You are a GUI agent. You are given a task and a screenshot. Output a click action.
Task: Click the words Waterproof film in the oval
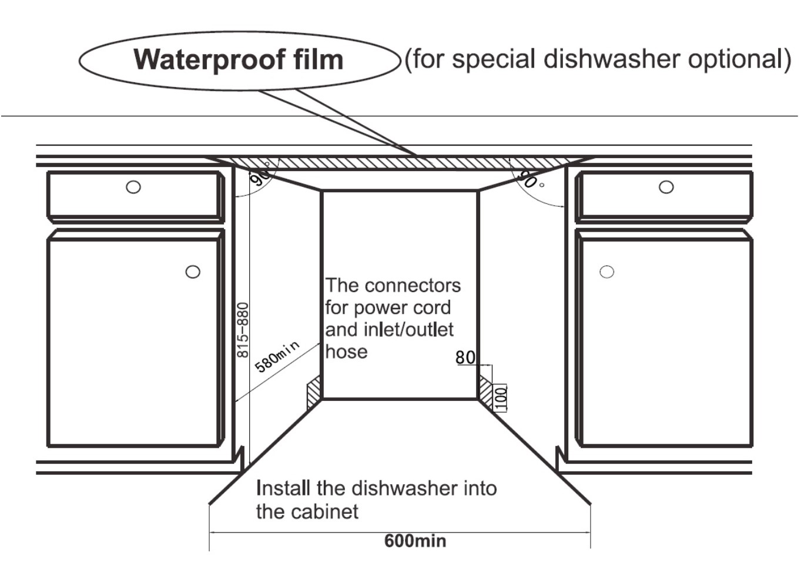click(238, 60)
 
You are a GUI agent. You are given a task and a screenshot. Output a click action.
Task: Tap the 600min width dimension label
click(415, 541)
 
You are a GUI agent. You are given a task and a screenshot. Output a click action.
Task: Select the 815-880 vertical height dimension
click(243, 330)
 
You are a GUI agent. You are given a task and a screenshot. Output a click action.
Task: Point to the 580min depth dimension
click(277, 356)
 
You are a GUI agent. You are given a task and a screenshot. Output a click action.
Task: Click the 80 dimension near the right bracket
click(465, 357)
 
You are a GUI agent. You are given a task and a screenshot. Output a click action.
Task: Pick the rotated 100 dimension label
click(501, 398)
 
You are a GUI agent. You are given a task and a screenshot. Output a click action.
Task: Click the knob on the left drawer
click(133, 187)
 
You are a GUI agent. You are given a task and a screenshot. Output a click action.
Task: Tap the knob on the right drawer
click(666, 187)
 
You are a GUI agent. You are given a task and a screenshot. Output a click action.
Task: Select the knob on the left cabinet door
click(193, 272)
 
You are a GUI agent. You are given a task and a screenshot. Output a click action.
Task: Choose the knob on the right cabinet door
click(606, 272)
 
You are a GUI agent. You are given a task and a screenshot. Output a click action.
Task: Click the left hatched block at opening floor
click(314, 392)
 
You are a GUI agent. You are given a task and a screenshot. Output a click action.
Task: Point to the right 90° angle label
click(527, 179)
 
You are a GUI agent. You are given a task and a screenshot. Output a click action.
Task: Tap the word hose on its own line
click(346, 351)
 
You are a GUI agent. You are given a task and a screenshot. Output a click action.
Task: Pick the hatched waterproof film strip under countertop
click(400, 163)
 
